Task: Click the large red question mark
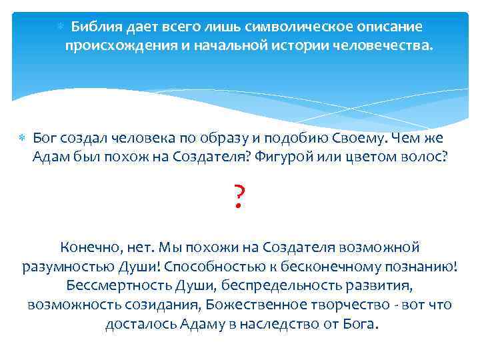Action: click(240, 197)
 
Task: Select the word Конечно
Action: click(89, 247)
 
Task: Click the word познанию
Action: click(423, 267)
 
